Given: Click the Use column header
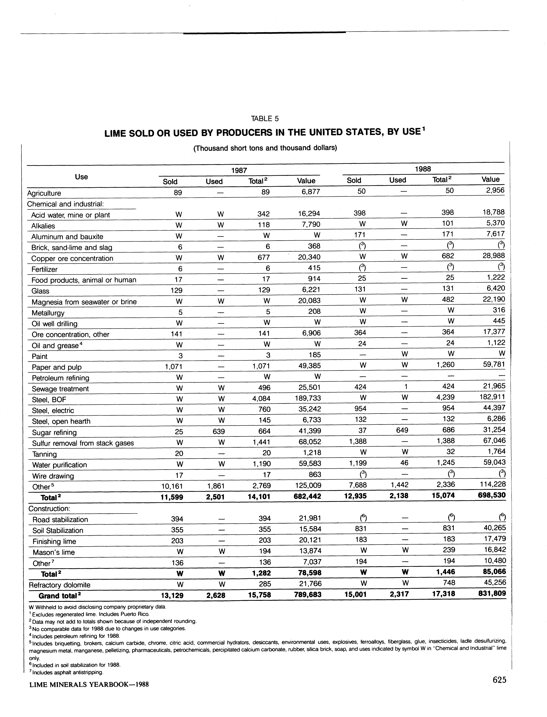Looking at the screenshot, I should (x=81, y=177).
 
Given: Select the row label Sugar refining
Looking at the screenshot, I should (x=54, y=432).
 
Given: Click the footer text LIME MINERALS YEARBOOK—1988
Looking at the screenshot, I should (x=89, y=684).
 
